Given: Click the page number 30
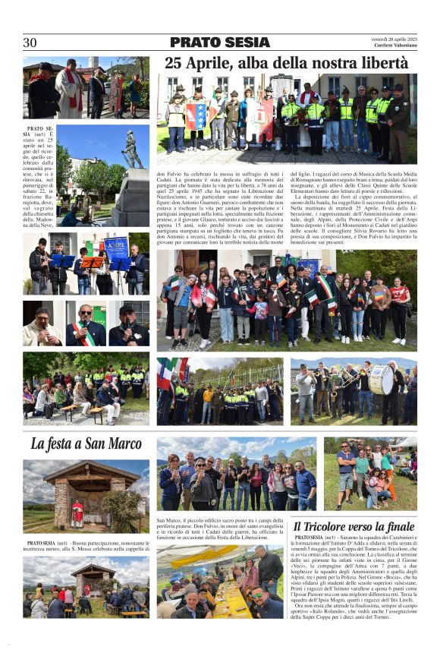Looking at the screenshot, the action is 30,43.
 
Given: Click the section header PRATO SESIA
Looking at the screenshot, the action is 219,43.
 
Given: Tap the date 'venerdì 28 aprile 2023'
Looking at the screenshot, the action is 394,39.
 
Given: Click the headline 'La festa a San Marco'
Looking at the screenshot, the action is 86,443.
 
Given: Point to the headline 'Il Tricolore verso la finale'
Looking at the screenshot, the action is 354,526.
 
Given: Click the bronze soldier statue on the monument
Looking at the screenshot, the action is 133,150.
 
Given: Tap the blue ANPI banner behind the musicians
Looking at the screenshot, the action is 116,247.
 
